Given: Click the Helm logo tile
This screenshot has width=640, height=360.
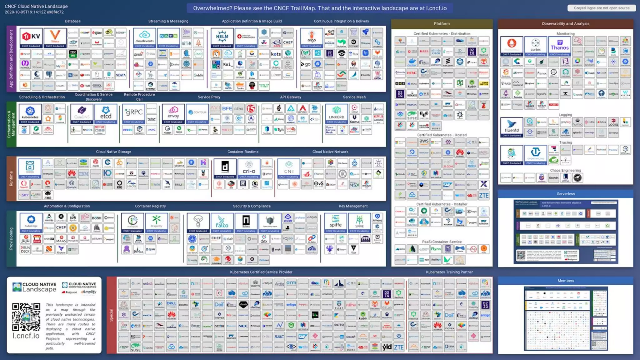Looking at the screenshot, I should [x=222, y=37].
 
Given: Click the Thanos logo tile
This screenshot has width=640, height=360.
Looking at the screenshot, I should [x=559, y=46].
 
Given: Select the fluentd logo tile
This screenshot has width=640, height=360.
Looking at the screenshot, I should [x=512, y=127].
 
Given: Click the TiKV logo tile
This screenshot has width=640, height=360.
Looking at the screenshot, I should [x=31, y=37].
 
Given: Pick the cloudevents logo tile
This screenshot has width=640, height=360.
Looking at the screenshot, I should [x=144, y=37].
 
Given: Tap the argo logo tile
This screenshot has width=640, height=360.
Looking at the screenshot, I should [x=312, y=37].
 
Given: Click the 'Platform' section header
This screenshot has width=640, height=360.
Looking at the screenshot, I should [x=442, y=24].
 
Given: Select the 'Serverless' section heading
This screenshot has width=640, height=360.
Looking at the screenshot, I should [x=566, y=194].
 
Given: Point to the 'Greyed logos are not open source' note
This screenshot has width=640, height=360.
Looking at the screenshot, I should [x=602, y=8].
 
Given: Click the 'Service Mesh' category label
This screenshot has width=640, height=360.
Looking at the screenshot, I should [x=354, y=97].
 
